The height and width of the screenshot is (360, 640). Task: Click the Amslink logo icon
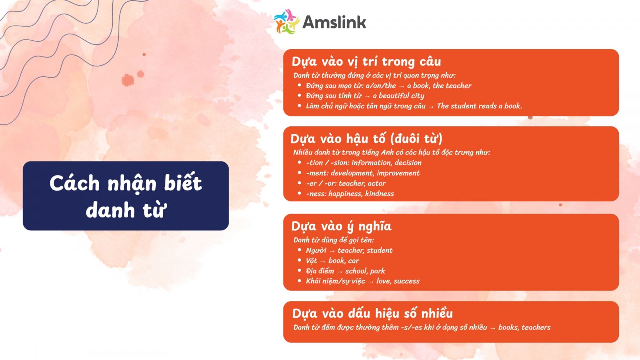coord(286,22)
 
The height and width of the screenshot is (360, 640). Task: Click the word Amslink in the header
coord(334,22)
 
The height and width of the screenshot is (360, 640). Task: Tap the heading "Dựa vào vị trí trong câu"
coord(366,62)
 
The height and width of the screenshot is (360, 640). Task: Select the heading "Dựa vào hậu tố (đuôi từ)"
coord(366,139)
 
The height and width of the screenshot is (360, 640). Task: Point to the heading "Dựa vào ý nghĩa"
coord(341,226)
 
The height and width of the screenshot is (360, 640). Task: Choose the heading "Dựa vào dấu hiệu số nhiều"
coord(372,314)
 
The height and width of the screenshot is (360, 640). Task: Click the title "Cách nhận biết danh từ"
coord(126,196)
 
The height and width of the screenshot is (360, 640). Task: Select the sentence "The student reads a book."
coord(479,106)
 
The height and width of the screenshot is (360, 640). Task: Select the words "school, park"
coord(365,271)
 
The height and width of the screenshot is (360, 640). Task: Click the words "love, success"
coord(398,281)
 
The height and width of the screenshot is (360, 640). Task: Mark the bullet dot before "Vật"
coord(300,260)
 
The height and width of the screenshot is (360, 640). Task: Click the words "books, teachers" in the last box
coord(524,328)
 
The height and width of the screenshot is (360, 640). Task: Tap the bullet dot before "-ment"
coord(300,172)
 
